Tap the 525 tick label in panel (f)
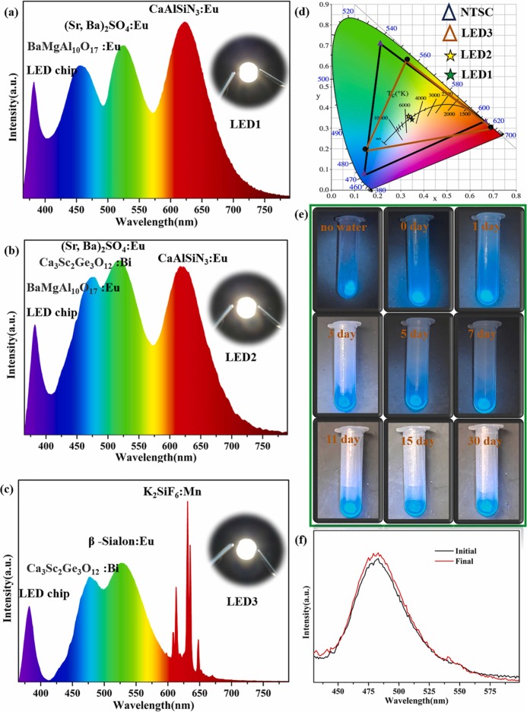[429, 690]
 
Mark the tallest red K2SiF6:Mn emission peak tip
[187, 502]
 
